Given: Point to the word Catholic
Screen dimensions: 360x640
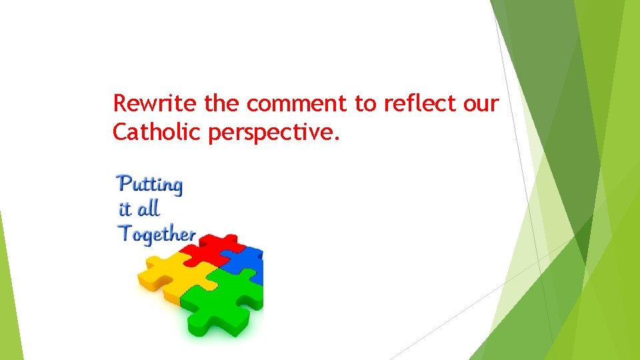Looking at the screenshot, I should point(157,132).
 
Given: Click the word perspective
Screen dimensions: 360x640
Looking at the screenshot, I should point(273,133).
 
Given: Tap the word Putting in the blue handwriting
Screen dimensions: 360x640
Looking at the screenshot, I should point(149,185).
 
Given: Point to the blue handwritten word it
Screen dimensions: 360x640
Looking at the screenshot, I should point(125,209).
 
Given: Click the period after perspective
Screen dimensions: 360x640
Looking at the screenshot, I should point(337,139).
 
